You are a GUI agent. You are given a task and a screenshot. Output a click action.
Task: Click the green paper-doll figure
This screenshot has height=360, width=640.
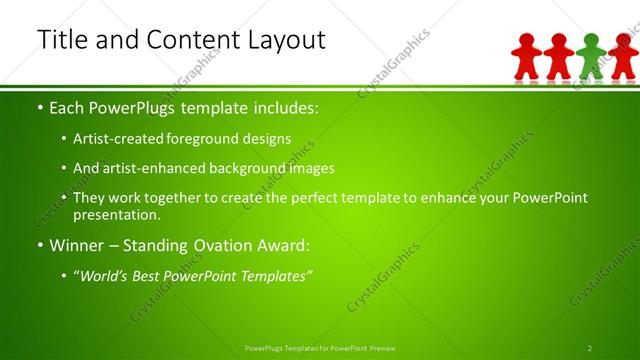coord(591,57)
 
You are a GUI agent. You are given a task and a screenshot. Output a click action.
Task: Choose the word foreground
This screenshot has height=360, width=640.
coord(218,139)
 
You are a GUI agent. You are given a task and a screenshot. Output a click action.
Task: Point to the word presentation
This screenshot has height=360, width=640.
coord(117,214)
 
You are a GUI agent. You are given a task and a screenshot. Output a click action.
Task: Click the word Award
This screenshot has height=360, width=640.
coord(286,245)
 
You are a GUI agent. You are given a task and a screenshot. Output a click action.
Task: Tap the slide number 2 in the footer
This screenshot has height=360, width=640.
coord(590,348)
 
